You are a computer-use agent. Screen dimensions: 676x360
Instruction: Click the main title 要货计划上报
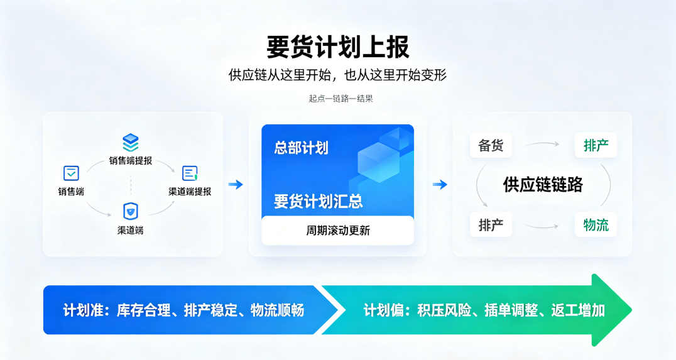337,47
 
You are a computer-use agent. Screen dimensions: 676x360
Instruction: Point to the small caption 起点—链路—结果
341,98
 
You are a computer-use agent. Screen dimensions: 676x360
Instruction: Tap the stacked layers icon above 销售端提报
131,143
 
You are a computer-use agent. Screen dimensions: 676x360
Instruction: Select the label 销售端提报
131,161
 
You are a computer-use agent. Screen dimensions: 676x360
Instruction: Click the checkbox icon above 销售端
71,173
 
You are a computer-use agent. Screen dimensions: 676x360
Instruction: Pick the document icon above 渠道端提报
190,173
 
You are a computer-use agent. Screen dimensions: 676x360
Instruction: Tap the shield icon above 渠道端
131,211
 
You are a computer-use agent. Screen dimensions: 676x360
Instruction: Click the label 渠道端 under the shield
131,230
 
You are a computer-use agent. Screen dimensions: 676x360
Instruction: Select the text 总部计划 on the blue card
302,148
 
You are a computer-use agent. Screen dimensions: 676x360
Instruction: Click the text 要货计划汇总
318,201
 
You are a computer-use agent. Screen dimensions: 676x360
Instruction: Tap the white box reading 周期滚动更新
337,230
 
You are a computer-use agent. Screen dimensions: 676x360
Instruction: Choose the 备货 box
491,145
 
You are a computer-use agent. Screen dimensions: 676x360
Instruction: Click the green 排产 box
596,145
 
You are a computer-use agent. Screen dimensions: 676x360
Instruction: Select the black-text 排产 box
491,225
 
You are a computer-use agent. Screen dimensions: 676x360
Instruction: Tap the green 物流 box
596,225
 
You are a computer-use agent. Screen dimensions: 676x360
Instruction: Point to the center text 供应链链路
543,185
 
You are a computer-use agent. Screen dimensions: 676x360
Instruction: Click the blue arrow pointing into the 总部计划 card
236,185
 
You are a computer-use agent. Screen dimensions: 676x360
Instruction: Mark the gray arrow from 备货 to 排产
542,144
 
